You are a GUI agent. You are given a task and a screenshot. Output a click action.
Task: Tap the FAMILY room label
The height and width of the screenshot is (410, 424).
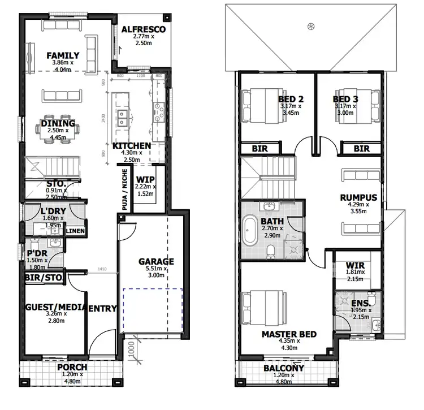(x=62, y=55)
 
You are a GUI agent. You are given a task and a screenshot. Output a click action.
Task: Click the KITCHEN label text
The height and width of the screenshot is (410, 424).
(x=132, y=146)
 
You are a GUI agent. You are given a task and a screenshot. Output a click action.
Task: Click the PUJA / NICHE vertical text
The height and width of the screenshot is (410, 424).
(x=124, y=189)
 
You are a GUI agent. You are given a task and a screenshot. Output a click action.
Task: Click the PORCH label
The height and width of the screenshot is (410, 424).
(x=72, y=367)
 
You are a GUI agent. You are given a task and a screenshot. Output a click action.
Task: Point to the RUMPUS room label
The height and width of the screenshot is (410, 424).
(x=358, y=197)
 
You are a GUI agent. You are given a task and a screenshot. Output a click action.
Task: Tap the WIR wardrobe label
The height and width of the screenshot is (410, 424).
(x=354, y=264)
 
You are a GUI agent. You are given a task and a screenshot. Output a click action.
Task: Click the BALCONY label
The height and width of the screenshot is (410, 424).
(x=284, y=368)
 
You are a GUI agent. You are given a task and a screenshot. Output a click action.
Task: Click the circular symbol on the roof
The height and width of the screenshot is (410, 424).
(x=310, y=26)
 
